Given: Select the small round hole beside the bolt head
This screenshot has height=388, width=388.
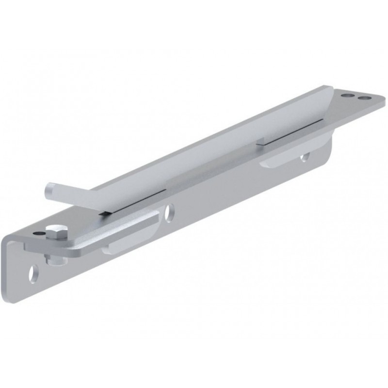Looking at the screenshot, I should pyautogui.click(x=39, y=233).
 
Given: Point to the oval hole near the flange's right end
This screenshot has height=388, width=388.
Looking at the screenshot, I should pyautogui.click(x=304, y=157).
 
